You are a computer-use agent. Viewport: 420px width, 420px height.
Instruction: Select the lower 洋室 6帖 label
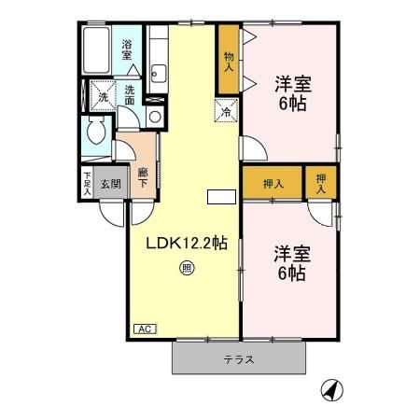290,262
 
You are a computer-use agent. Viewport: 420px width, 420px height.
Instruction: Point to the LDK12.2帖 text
186,244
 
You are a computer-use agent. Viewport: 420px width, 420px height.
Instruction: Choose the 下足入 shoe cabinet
87,184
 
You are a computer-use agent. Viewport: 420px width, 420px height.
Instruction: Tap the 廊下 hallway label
143,177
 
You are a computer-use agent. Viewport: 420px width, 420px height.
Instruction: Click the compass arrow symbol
329,388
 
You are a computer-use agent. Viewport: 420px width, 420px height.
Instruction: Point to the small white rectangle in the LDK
218,196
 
